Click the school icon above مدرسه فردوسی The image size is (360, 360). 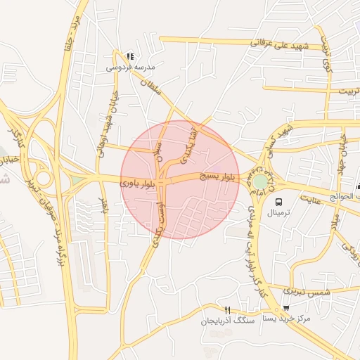point(129,56)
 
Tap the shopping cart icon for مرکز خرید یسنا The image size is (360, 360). point(286,308)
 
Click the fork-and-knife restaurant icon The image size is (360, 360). point(226,310)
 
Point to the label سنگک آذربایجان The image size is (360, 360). point(226,321)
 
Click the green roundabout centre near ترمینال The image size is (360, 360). point(261,181)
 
